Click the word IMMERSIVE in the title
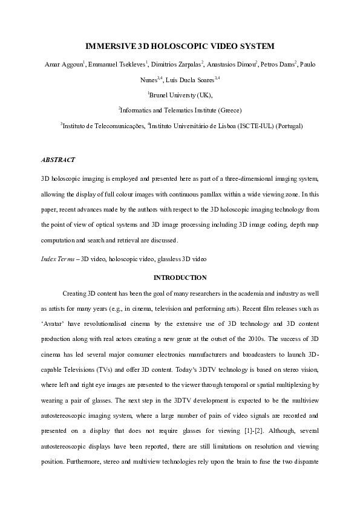coord(109,46)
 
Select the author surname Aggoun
coord(74,64)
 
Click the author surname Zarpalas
coord(185,64)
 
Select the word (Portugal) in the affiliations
coord(288,126)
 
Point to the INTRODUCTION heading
coord(180,277)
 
